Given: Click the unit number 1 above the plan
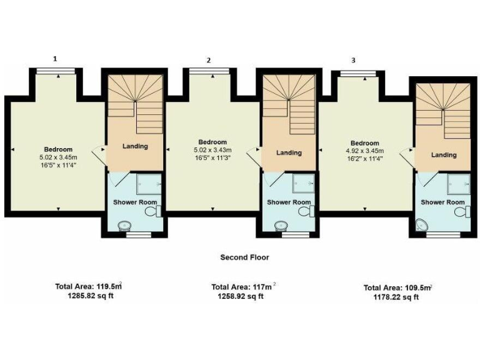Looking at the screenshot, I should coord(56,59).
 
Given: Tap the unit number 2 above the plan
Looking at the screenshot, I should coord(209,60).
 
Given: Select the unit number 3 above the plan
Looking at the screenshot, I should coord(354,60).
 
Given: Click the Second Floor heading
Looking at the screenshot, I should coord(244,257).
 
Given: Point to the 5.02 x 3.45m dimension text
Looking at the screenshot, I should coord(58,157).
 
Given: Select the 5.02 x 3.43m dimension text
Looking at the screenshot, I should coord(211,150).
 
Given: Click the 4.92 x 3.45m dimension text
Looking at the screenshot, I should coord(364,151).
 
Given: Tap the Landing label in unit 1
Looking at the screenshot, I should coord(134,146).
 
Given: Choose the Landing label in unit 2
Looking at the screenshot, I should coord(289,152).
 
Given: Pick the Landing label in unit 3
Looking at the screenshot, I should coord(443,155).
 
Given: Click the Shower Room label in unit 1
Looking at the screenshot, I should coord(135,202).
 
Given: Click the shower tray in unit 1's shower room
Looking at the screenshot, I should coord(149,183).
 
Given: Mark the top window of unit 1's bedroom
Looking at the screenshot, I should coord(57,71).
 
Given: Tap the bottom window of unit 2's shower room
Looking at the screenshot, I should coord(294,235).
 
